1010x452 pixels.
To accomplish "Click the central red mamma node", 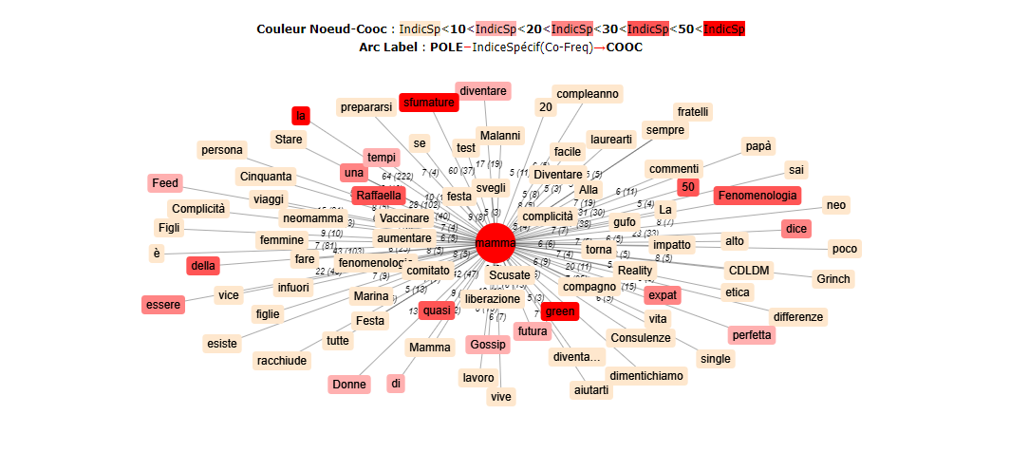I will coord(495,243).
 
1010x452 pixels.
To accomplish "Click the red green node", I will coord(560,311).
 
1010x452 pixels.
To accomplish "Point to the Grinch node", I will coord(833,279).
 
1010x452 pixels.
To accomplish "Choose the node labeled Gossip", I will coord(488,344).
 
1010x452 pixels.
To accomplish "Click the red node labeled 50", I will coord(688,187).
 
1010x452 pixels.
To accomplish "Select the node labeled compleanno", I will coord(588,94).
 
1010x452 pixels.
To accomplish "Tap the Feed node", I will coord(164,183).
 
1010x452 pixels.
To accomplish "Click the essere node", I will coord(162,305).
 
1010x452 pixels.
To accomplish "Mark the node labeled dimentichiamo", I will coord(646,375).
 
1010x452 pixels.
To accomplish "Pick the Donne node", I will coord(349,385).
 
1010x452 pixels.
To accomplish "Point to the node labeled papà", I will coord(757,146).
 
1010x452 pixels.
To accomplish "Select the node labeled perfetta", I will coord(752,335).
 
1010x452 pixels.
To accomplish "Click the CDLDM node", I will coord(749,270).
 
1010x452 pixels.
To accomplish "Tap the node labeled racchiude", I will coord(283,360).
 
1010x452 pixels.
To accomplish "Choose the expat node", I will coord(662,295).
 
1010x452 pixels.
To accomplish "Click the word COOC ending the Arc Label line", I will coord(624,47).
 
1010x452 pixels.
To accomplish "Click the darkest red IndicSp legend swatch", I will coord(724,29).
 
